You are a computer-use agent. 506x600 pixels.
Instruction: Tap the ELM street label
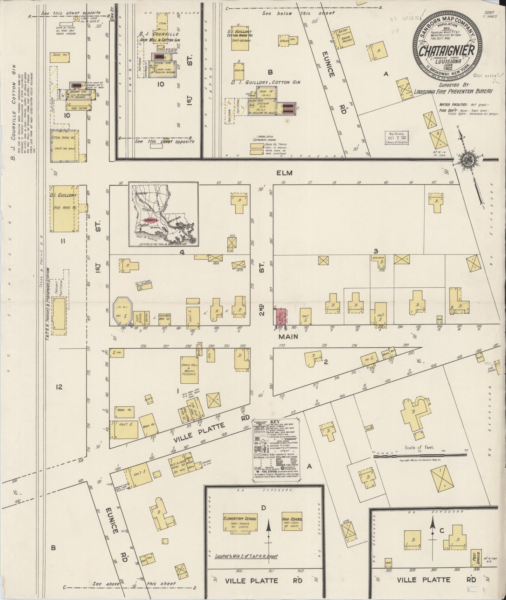point(284,173)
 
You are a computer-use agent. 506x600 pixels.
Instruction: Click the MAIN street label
point(288,336)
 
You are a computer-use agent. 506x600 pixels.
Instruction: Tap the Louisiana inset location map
point(163,214)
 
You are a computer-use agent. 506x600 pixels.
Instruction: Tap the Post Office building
point(476,559)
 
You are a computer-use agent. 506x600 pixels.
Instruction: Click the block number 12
point(59,387)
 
